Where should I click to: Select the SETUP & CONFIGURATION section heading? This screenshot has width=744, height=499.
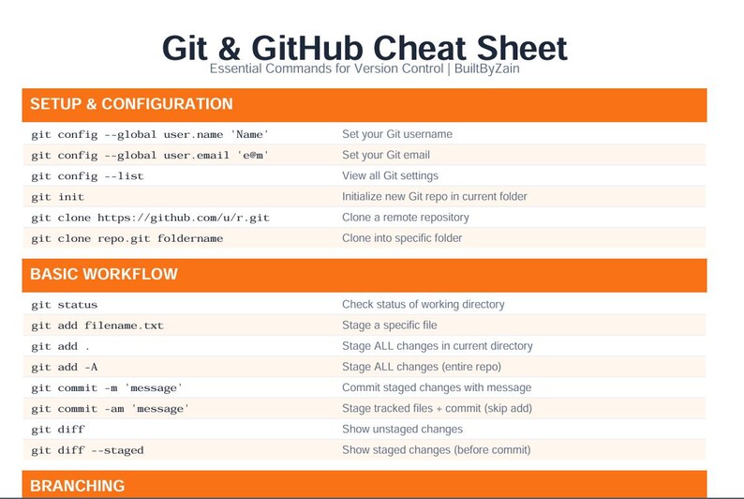coord(131,104)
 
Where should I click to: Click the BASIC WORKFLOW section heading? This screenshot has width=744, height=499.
coord(104,275)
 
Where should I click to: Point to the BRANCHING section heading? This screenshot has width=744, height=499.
coord(78,486)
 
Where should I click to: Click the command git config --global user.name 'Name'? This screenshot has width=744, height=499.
coord(150,134)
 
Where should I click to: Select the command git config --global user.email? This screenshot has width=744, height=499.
coord(150,155)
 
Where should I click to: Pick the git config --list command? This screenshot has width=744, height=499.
coord(87,175)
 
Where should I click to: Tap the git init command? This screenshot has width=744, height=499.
coord(57,197)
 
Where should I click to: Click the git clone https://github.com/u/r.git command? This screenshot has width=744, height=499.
coord(150,218)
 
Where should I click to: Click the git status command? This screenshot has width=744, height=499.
coord(64,305)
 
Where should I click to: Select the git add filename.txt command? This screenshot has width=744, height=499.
coord(97,325)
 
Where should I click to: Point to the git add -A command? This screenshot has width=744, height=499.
coord(64,367)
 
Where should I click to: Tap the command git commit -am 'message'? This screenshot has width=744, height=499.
coord(111,408)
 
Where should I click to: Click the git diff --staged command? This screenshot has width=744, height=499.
coord(87,450)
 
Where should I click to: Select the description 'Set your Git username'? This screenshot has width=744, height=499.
coord(397,134)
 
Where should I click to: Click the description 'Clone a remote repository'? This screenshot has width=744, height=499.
coord(406,218)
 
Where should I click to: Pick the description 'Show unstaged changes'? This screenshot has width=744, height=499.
coord(402,430)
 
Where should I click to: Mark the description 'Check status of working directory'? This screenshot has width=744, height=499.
coord(424,305)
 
